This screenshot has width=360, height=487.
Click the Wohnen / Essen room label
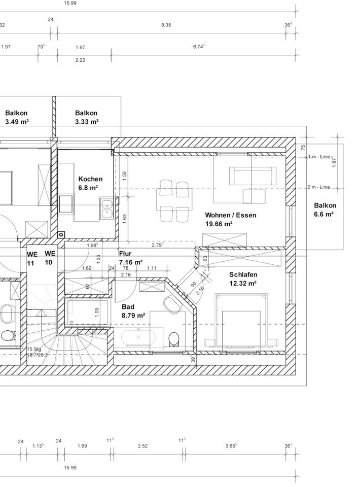coord(231,215)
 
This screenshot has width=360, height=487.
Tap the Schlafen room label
coord(243,275)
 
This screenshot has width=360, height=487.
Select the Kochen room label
coord(90,179)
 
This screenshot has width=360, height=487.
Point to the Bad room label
coord(128,307)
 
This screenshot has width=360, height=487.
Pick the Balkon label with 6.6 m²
coord(325,205)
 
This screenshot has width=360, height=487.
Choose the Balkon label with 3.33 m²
coord(86,113)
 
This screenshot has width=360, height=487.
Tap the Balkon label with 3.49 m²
coord(16,113)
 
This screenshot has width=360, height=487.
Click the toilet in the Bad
coord(174,337)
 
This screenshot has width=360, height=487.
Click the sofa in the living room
coord(253,176)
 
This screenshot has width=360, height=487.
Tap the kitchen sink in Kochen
coord(106,208)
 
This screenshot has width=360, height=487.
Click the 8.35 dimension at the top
coord(166,25)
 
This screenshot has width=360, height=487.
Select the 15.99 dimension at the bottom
coord(70,468)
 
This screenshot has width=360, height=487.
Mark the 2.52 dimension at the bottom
coord(143,446)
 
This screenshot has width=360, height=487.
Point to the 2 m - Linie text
coord(318,187)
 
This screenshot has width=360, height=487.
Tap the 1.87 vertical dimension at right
coord(334,161)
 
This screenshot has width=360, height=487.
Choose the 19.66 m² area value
coord(219,223)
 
